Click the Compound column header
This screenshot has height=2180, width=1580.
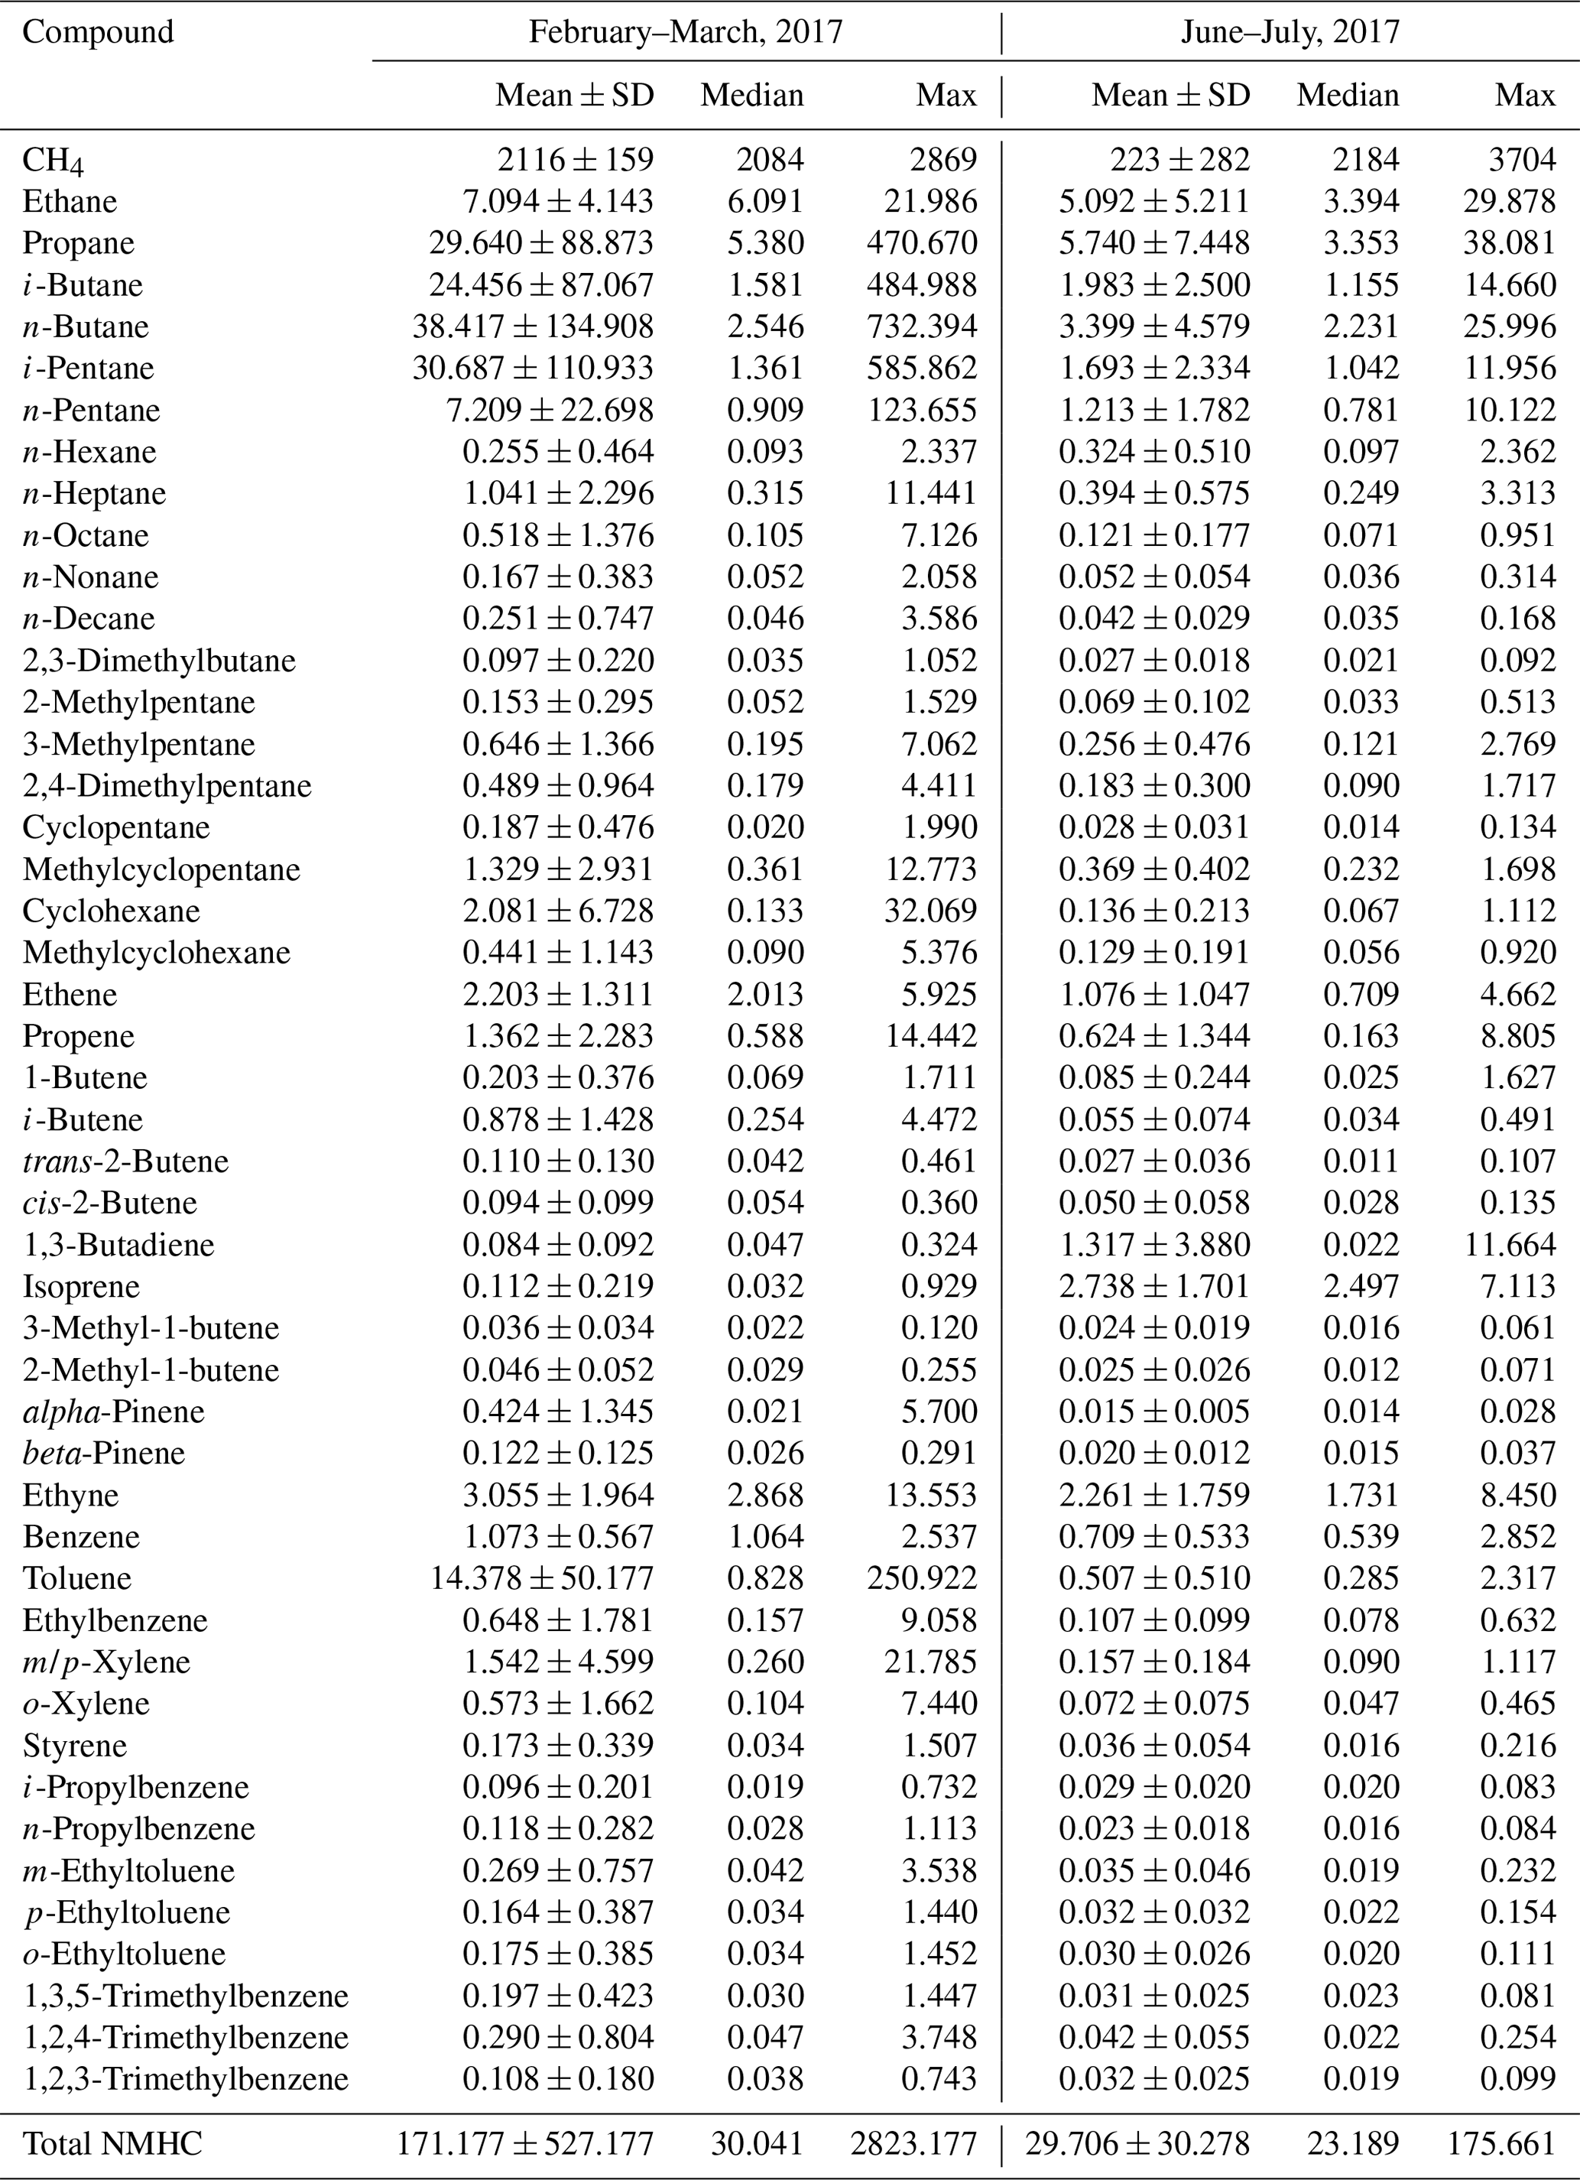point(98,31)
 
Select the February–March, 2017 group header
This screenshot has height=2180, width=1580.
point(685,31)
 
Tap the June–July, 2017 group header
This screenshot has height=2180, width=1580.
point(1290,31)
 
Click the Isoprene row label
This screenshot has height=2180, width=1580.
point(81,1286)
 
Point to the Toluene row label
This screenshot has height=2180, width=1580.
point(77,1578)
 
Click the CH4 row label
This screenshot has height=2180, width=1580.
point(53,161)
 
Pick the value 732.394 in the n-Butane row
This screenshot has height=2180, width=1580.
point(920,326)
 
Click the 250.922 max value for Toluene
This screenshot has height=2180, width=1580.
point(920,1578)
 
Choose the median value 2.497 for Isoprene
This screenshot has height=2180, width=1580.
point(1360,1286)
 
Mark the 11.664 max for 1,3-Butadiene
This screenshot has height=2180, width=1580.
point(1510,1245)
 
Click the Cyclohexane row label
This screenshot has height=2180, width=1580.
point(112,910)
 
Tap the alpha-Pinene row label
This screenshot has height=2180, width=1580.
point(113,1411)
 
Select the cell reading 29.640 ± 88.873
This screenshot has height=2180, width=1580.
point(541,243)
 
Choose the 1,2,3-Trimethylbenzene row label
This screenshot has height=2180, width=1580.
point(186,2078)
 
